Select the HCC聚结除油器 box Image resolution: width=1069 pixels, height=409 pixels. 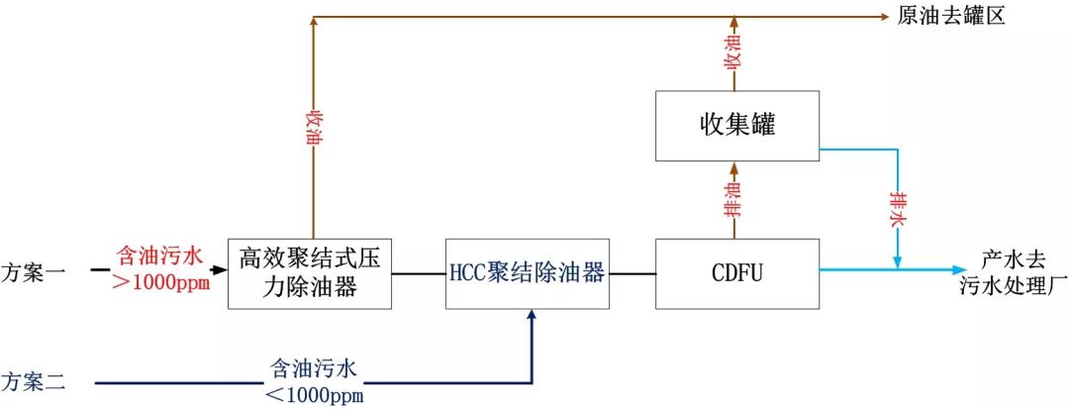click(526, 273)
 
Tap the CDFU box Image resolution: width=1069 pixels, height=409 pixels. click(737, 272)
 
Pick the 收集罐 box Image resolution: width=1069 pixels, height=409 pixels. click(737, 126)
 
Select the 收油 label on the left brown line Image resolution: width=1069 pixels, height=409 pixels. click(314, 128)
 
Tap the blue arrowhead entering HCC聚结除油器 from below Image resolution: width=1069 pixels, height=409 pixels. click(533, 315)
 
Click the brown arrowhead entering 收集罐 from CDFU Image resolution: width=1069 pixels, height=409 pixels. click(734, 167)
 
